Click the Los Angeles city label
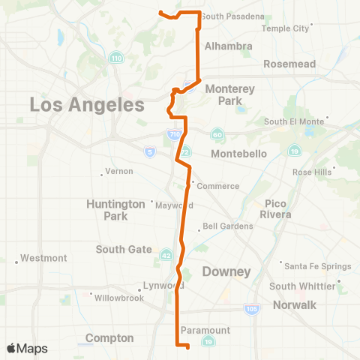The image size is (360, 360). [86, 105]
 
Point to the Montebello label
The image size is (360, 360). [239, 154]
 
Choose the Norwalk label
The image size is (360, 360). [296, 304]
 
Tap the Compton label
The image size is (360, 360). [109, 338]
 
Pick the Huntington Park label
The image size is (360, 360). [115, 209]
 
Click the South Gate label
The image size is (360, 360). [124, 249]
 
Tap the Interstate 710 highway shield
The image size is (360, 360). [174, 134]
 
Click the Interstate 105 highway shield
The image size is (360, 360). [251, 307]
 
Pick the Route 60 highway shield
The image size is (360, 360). [217, 134]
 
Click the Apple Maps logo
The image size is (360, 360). [27, 348]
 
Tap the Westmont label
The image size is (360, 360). [44, 258]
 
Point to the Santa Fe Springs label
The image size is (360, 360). [312, 264]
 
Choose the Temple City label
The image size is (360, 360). [286, 28]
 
